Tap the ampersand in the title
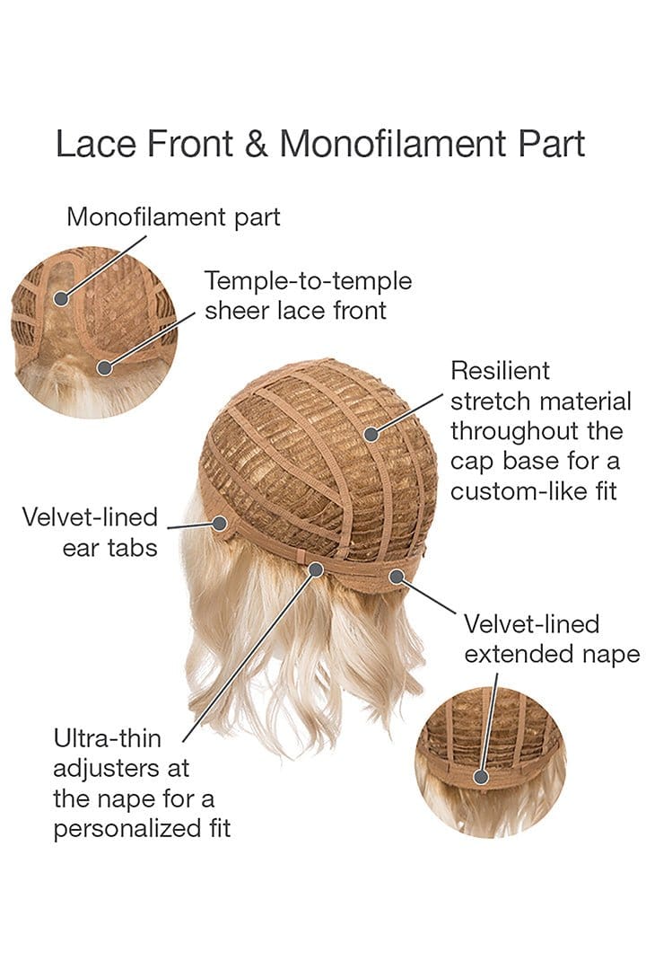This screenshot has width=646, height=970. [x=256, y=144]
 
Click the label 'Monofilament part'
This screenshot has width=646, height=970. [x=173, y=216]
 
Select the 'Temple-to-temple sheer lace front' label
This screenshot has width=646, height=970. [x=308, y=295]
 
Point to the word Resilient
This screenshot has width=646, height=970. [x=500, y=370]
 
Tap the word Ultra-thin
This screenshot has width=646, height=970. [x=108, y=739]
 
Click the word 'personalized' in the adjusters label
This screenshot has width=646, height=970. [x=129, y=827]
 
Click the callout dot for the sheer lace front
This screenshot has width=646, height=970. [x=105, y=366]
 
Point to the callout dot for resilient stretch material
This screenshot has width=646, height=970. [x=371, y=434]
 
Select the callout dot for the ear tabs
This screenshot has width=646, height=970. [x=219, y=521]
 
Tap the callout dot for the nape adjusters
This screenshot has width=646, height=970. [x=316, y=569]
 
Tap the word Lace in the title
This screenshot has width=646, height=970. [x=91, y=144]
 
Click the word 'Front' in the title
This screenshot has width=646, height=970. [x=196, y=144]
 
